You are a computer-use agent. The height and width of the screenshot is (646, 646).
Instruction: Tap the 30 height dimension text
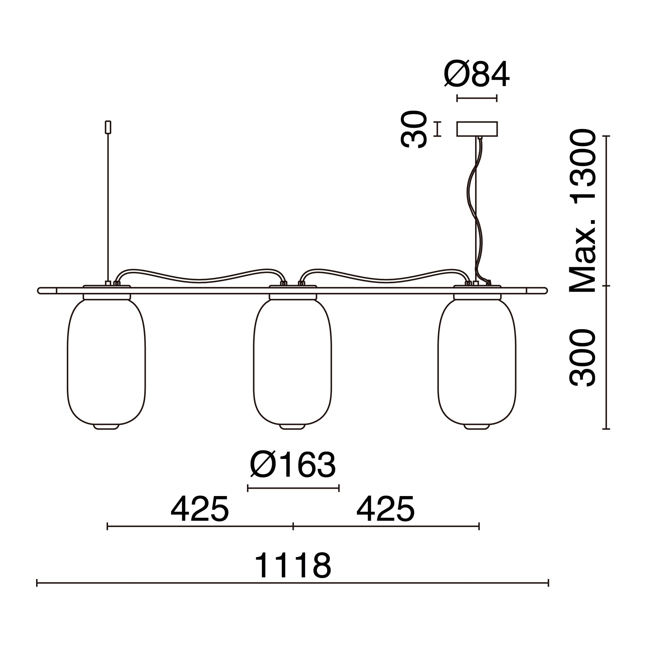[414, 129]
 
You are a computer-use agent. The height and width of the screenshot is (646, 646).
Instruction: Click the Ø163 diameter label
[293, 466]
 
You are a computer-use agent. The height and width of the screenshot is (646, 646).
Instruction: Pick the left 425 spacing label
[199, 509]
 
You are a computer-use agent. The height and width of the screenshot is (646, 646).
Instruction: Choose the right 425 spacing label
[386, 509]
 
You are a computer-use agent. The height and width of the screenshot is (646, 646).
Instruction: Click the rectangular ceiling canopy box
[477, 129]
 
